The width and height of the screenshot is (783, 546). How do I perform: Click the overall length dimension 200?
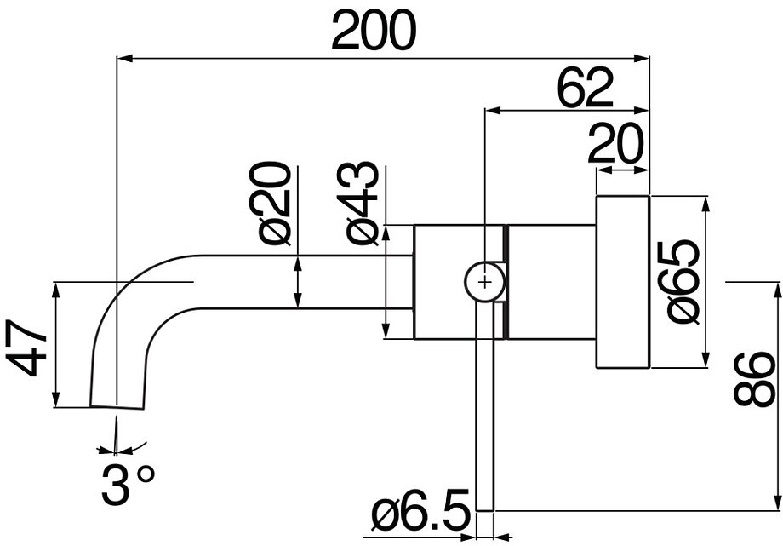click(374, 32)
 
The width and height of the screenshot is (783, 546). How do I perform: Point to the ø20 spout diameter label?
click(274, 204)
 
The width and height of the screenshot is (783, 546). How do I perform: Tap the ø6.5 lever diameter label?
click(421, 514)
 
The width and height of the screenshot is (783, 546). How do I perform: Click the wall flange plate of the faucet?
click(622, 282)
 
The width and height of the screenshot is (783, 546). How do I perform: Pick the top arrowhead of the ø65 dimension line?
click(706, 202)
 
